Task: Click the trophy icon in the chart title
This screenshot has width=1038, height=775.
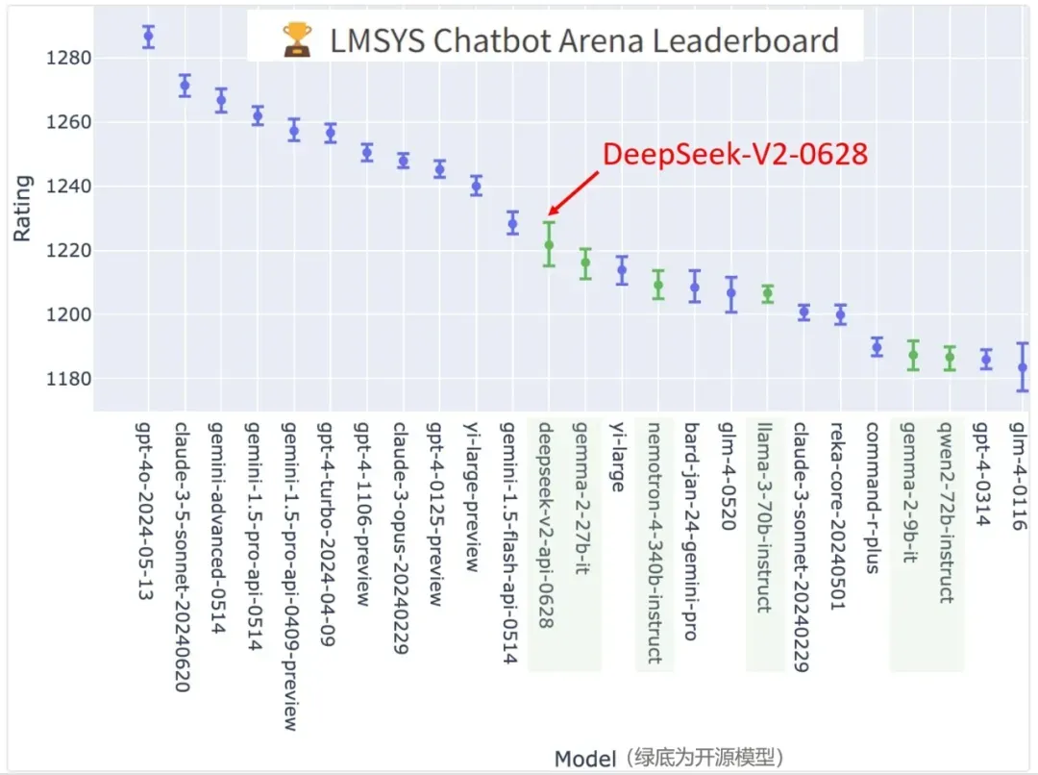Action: tap(298, 40)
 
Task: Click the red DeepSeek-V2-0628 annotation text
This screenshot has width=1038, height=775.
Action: tap(734, 155)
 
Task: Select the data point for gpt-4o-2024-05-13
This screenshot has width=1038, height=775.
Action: tap(148, 37)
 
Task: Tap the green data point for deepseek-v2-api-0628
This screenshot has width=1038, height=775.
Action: tap(549, 245)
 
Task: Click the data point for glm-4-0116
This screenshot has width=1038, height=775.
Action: tap(1023, 367)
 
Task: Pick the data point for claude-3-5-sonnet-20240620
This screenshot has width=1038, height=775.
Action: tap(185, 86)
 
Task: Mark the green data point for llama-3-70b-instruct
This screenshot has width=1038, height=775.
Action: tap(767, 294)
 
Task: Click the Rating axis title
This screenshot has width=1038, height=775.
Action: tap(22, 207)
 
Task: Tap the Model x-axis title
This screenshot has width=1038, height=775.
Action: tap(584, 759)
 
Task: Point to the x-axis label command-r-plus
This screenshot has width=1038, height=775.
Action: tap(874, 497)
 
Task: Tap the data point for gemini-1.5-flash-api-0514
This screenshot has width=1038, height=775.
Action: tap(512, 224)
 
